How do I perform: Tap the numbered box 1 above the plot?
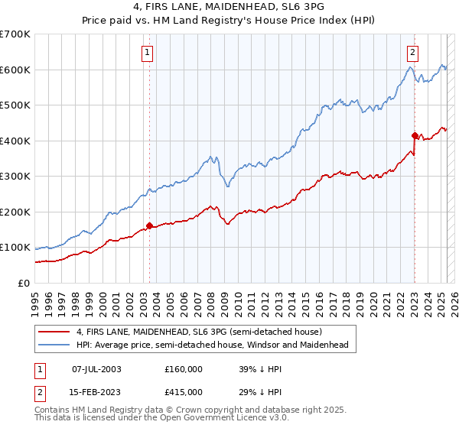coord(146,53)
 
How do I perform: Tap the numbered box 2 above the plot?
coord(412,53)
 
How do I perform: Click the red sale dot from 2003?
coord(150,225)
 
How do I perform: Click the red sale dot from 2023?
coord(415,135)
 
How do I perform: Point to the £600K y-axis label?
coord(15,70)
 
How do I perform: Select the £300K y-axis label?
coord(15,177)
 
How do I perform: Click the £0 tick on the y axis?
coord(24,284)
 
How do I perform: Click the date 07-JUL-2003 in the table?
coord(96,368)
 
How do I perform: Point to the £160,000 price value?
coord(184,368)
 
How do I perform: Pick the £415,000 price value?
coord(184,392)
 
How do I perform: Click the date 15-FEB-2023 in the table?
coord(96,392)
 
